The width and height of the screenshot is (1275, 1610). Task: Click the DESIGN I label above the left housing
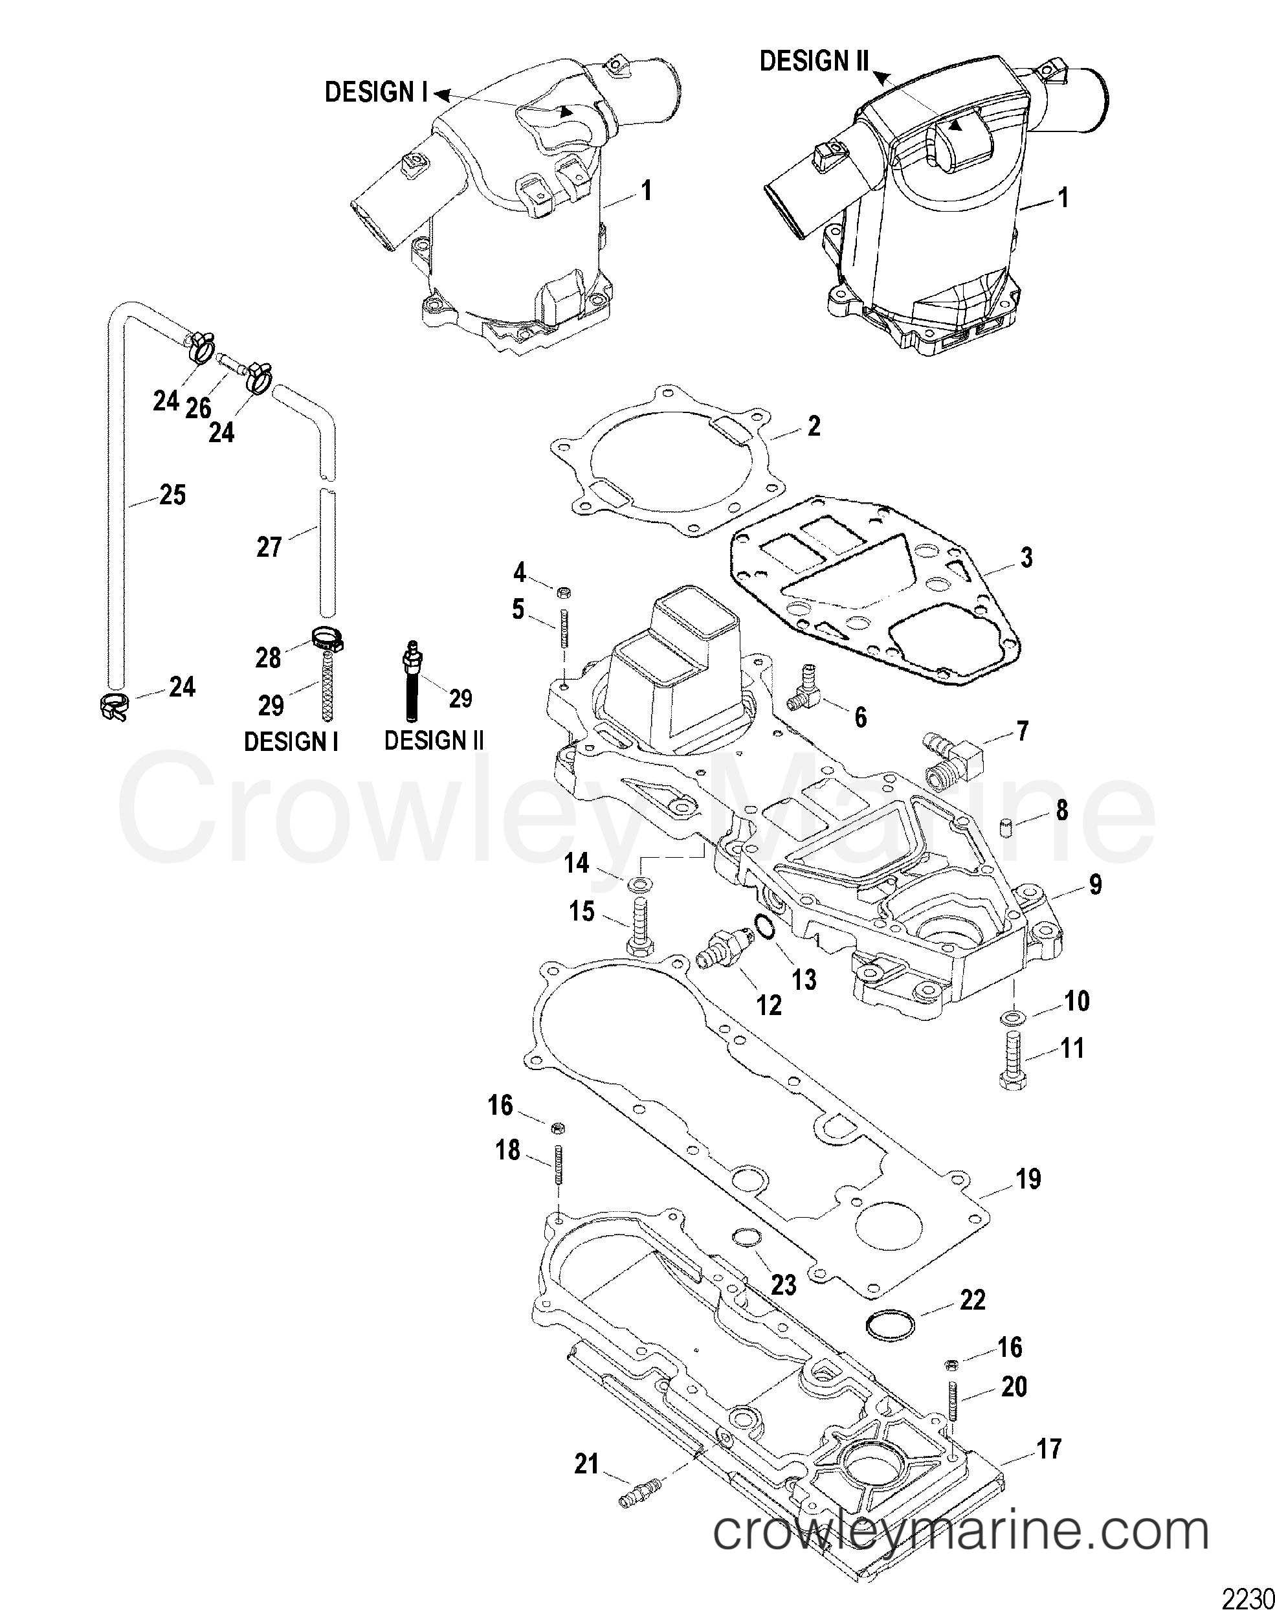pos(376,93)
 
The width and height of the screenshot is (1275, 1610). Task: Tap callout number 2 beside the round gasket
pos(814,426)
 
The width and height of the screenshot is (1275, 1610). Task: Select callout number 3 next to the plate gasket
pos(1026,557)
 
